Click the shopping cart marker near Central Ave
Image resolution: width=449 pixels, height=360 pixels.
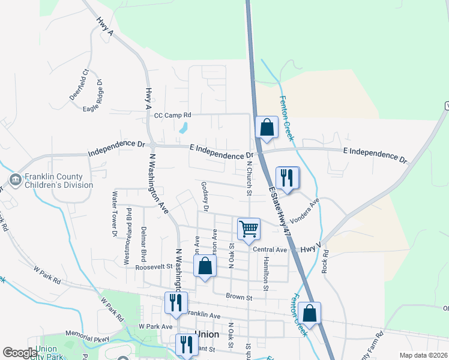coord(249,229)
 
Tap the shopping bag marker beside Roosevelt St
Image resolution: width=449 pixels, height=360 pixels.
coord(205,266)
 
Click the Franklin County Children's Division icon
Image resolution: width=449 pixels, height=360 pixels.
coord(16,179)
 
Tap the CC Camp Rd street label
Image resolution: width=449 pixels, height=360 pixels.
coord(172,115)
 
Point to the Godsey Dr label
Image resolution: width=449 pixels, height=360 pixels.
coord(205,197)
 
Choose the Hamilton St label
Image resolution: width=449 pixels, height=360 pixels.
coord(265,269)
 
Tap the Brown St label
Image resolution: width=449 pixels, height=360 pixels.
coord(238,296)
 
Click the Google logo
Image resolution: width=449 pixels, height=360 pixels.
coord(20,353)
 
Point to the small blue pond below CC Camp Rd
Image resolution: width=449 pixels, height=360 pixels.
coord(183,128)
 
